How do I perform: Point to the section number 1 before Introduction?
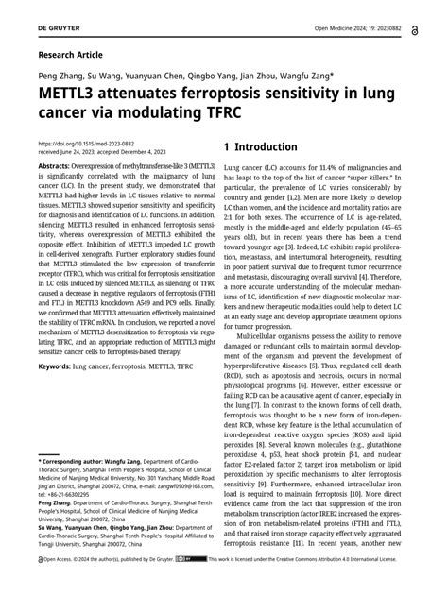click(x=227, y=148)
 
